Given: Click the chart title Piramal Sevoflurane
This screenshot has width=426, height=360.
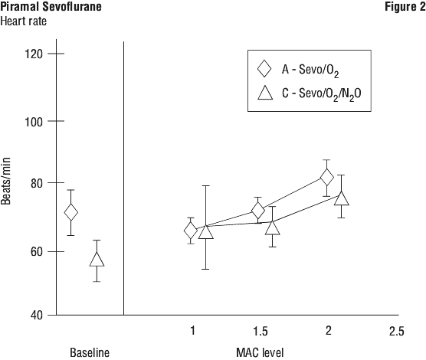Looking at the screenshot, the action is [x=51, y=7].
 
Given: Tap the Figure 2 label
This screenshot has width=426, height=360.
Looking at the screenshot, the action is [x=405, y=7].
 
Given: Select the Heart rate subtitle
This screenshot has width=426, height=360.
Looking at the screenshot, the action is [x=23, y=21].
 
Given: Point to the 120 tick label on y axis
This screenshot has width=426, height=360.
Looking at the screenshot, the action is [x=34, y=54].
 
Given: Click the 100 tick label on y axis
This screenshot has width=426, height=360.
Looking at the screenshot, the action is [x=34, y=122].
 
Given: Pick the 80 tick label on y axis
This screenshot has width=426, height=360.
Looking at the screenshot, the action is [x=37, y=184].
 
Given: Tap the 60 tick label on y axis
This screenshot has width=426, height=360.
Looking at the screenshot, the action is [x=37, y=252].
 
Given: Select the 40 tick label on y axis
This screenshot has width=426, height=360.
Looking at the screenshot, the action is [x=37, y=316].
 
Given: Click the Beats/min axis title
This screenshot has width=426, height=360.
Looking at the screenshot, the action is [x=5, y=182].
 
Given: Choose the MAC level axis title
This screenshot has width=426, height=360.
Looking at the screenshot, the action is [x=260, y=352].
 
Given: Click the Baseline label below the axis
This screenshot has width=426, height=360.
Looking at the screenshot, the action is [x=90, y=352].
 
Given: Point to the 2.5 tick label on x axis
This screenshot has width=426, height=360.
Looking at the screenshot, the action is [x=397, y=331].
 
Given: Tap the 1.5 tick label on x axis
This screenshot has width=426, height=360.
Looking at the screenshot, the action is [x=261, y=331].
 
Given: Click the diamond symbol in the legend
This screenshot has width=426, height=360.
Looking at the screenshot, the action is [x=264, y=69].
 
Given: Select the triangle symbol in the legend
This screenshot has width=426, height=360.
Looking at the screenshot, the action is [x=265, y=93].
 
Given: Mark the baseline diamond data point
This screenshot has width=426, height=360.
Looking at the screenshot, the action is [x=71, y=212].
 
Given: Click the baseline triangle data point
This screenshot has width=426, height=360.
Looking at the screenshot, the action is [x=97, y=259].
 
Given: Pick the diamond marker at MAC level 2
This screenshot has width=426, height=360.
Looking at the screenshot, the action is [x=327, y=178].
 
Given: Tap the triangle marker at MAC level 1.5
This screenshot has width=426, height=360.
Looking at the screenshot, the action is [x=273, y=227].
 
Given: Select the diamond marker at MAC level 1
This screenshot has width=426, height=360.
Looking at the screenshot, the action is [x=191, y=231].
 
